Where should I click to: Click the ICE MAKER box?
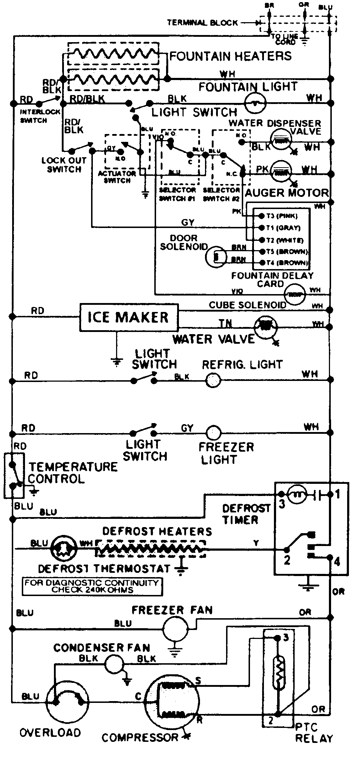(x=128, y=317)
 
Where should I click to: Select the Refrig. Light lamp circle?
(x=213, y=381)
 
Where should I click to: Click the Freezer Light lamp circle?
(x=214, y=433)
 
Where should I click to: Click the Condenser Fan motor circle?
(x=114, y=664)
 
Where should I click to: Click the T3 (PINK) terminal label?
(x=282, y=216)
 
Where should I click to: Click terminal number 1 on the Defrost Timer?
(x=337, y=495)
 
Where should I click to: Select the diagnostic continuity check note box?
(x=92, y=587)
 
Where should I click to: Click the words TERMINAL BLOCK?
(x=202, y=23)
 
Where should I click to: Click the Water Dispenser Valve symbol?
(x=281, y=141)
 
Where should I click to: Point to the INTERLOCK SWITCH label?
(x=35, y=116)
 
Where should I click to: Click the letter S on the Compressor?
(x=198, y=681)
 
